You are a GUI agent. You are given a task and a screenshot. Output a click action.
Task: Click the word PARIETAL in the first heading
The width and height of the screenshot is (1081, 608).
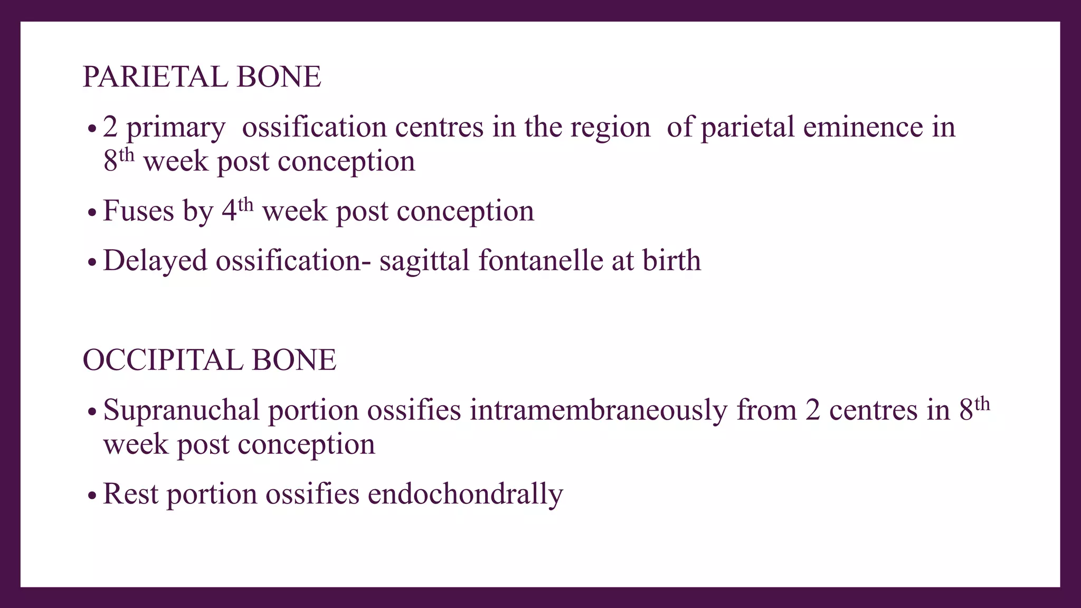[155, 77]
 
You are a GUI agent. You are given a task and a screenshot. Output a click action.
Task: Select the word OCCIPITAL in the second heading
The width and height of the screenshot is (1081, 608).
[163, 360]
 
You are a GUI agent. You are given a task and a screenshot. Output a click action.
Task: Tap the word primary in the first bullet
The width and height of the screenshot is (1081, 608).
[176, 128]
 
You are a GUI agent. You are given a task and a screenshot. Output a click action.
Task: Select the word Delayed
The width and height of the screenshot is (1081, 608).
[155, 261]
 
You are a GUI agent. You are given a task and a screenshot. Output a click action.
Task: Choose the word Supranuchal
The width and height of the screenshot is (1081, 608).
[181, 410]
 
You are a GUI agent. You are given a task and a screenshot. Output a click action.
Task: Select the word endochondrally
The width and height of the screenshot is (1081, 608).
[465, 495]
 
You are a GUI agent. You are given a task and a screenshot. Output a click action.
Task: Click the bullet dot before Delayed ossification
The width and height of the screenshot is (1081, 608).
[92, 262]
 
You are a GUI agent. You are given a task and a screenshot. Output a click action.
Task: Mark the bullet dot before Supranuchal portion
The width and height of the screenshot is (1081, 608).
[92, 412]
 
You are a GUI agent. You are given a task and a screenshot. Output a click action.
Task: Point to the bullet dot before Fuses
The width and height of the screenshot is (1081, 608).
[92, 213]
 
